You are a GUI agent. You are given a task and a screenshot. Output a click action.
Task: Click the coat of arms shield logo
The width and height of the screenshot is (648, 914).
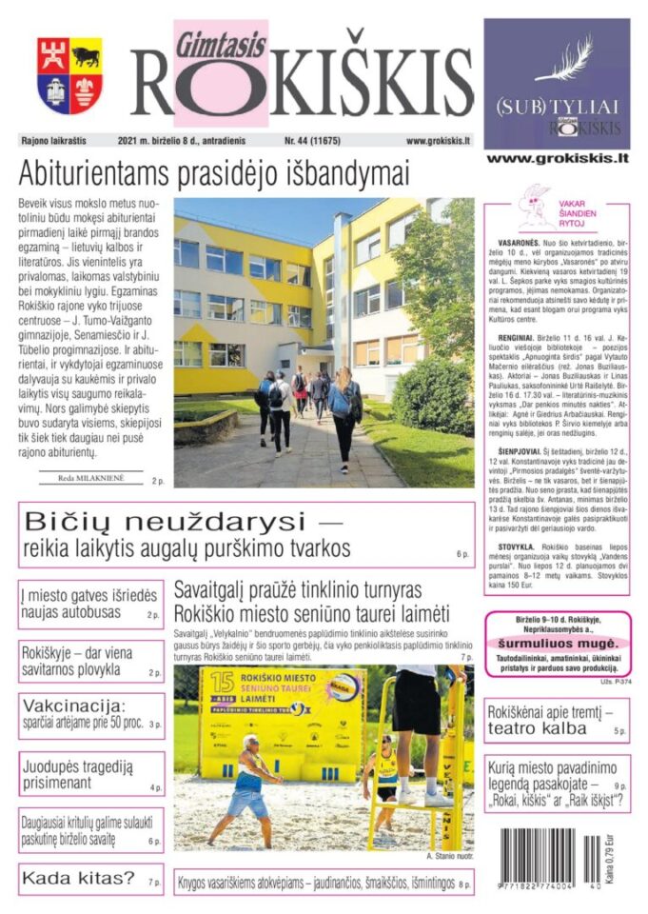[x=69, y=75]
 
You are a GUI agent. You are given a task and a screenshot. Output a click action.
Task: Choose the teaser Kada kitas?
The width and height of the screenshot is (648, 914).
[x=79, y=878]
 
